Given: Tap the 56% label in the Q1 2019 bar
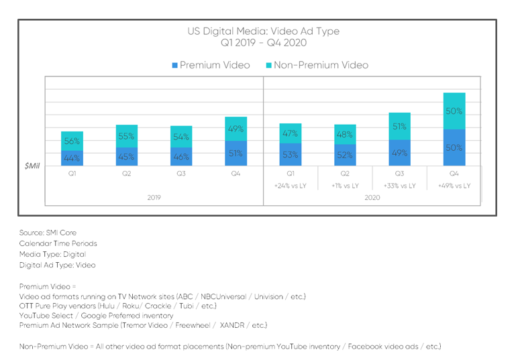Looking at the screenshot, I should coord(72,141).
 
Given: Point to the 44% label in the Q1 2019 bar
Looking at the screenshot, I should coord(72,158).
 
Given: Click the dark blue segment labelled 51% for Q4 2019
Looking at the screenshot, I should coord(235,153).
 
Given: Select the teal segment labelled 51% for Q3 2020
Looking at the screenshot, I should coord(400,126).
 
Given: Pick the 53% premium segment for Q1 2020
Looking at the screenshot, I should coord(291,154).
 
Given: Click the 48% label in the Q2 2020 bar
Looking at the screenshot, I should coord(345,134).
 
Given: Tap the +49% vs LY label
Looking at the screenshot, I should coord(454,186).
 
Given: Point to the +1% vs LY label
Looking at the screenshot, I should coord(345,186).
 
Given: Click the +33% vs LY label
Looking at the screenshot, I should coord(400,186).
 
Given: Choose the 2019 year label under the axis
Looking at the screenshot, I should coord(154,198).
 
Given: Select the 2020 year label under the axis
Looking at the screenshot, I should coord(372,198).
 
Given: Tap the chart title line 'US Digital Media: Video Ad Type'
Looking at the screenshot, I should coord(263,32).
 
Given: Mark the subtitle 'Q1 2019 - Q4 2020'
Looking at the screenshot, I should coord(263,43).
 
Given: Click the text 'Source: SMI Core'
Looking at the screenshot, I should coord(48,233).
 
